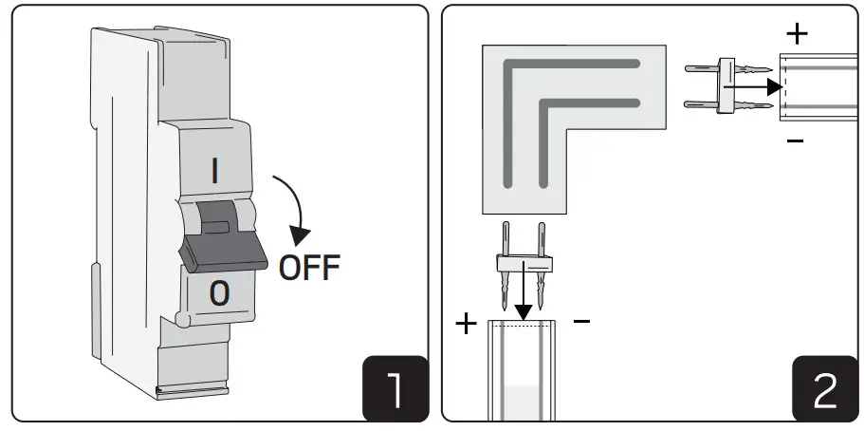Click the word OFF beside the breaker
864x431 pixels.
309,268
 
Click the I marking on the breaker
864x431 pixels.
215,170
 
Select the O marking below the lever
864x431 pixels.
218,293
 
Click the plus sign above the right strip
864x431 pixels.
797,34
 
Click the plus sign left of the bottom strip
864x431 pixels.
466,324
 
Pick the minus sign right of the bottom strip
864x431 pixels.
581,323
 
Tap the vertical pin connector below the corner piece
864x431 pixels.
521,265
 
